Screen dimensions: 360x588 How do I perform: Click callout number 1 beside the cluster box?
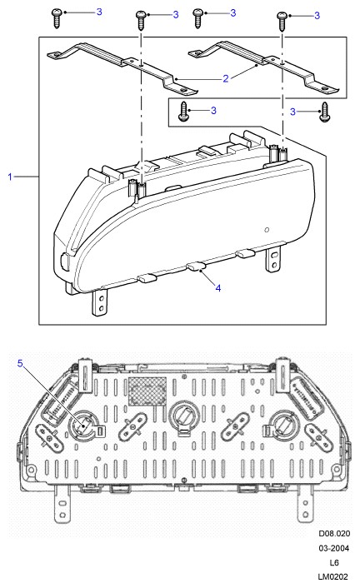[x=10, y=177]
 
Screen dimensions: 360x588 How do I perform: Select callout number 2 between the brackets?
[x=225, y=78]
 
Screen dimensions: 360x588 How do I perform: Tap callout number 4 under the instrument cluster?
[x=218, y=288]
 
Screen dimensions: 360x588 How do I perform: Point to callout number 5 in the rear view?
[x=20, y=363]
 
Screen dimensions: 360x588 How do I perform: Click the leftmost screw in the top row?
[x=57, y=18]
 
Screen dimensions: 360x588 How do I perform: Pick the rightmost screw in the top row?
[x=282, y=21]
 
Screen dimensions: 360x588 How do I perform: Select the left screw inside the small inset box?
[x=183, y=111]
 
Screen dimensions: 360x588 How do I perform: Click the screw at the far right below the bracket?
[x=324, y=112]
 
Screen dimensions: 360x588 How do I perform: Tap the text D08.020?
[x=334, y=533]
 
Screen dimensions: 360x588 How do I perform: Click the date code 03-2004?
[x=333, y=548]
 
